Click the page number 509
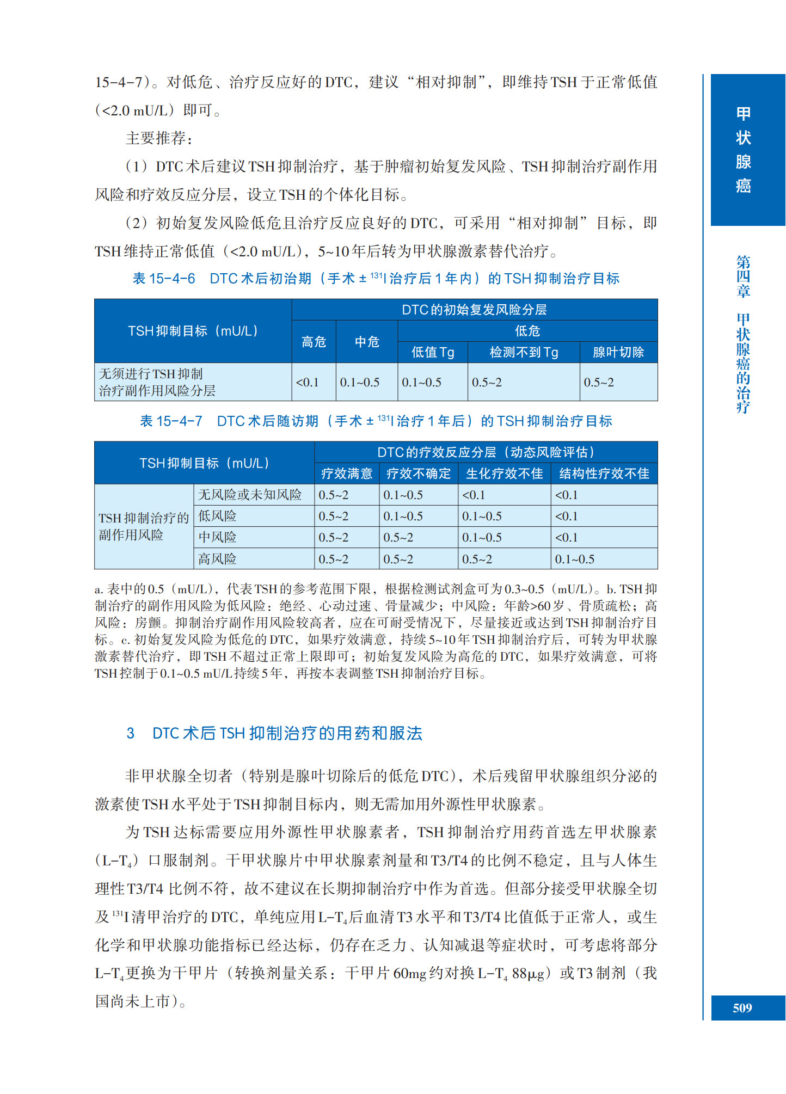pos(742,1008)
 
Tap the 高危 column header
pos(314,342)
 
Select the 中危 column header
pos(367,342)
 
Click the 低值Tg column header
pos(433,352)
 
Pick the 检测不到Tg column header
pos(524,352)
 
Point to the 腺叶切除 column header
pos(618,352)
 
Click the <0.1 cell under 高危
pos(308,382)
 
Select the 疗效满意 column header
pos(347,474)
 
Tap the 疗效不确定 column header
pos(419,474)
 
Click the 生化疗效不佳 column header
pos(504,474)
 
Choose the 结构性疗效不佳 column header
pos(604,474)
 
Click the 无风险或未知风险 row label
pos(250,495)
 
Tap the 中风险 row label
pos(217,537)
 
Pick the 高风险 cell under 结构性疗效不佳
pos(574,559)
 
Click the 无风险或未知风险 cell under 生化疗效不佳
pos(474,495)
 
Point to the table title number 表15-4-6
pos(164,279)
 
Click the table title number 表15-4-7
pos(171,421)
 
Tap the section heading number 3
pos(131,733)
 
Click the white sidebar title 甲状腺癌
pos(743,150)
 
